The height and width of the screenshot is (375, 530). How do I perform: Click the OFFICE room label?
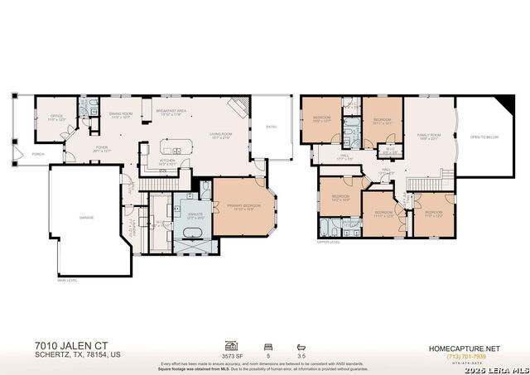pos(56,117)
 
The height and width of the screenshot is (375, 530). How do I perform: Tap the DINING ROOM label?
pos(122,116)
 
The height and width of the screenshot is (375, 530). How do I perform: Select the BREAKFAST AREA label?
pos(170,111)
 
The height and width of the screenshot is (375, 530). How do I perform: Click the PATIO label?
pos(271,127)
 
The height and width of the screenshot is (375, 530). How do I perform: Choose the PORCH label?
pos(38,154)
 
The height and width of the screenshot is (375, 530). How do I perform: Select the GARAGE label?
pos(86,217)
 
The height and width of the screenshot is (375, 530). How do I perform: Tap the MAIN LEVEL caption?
pos(67,281)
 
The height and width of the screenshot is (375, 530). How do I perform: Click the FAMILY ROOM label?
pos(428,136)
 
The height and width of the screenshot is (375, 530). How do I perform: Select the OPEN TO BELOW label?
pos(484,137)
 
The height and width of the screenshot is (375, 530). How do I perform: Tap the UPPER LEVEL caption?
pos(328,243)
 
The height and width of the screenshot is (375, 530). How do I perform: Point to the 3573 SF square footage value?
pos(233,354)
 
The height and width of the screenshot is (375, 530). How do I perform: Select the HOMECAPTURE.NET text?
pos(463,349)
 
